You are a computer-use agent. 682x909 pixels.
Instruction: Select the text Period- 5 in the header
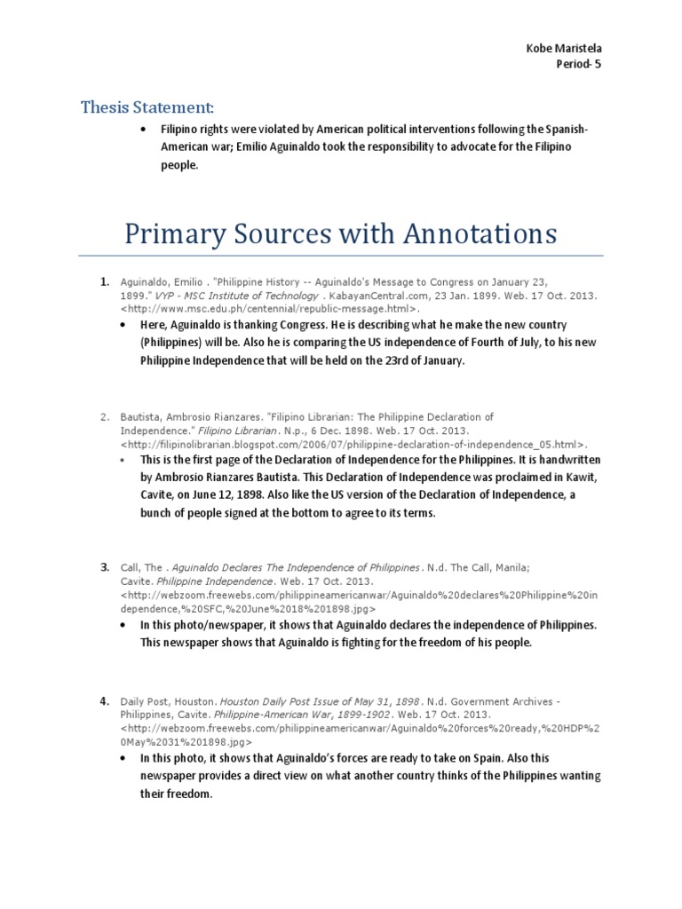[x=578, y=64]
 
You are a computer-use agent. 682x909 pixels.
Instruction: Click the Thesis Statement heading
[x=147, y=108]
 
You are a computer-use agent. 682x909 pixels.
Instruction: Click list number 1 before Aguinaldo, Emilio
[x=105, y=281]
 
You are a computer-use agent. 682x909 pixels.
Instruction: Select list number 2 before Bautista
[x=105, y=416]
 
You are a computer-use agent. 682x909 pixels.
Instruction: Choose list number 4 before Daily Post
[x=105, y=701]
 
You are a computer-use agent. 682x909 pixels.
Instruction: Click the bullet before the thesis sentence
[x=144, y=130]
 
